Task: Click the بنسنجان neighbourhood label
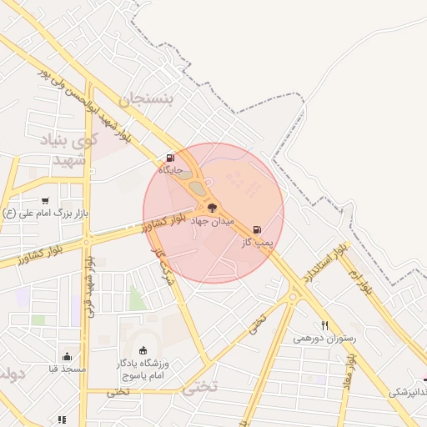pos(147,100)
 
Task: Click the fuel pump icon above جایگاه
pos(171,157)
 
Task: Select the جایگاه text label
pos(171,169)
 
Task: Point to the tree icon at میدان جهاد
pos(213,206)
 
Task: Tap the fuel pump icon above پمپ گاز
pos(256,229)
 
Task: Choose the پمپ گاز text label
pos(258,243)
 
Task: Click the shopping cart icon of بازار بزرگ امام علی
pos(44,201)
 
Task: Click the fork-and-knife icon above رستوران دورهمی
pos(325,325)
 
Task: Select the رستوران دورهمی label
pos(324,339)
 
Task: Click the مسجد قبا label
pos(65,368)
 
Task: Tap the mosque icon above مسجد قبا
pos(66,356)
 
